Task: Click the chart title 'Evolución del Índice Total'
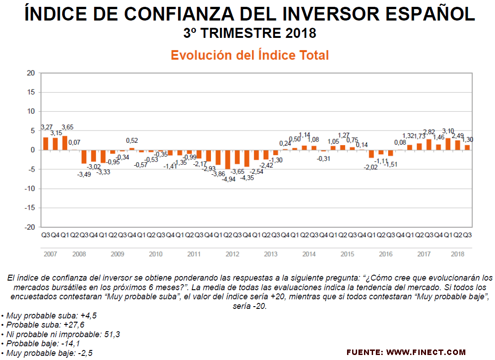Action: [249, 55]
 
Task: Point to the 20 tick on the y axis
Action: [31, 73]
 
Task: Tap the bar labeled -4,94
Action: [227, 159]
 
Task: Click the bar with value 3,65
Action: [65, 143]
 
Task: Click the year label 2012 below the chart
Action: [232, 254]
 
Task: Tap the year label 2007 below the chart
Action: [50, 254]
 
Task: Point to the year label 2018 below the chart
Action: [458, 254]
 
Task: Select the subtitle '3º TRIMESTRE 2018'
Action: [249, 33]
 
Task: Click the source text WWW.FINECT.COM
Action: [426, 352]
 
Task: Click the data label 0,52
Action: [132, 141]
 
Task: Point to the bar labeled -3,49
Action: [84, 157]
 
